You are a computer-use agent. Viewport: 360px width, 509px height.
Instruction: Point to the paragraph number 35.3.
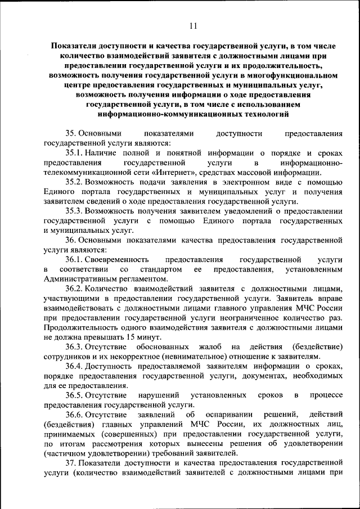(x=74, y=211)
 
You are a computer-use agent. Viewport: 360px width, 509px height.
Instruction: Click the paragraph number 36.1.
(x=74, y=260)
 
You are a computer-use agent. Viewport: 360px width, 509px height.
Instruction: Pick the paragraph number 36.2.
(x=74, y=289)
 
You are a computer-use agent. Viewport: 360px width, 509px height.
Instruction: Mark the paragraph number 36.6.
(x=74, y=415)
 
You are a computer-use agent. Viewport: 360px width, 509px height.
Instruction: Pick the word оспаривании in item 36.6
(x=233, y=415)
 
